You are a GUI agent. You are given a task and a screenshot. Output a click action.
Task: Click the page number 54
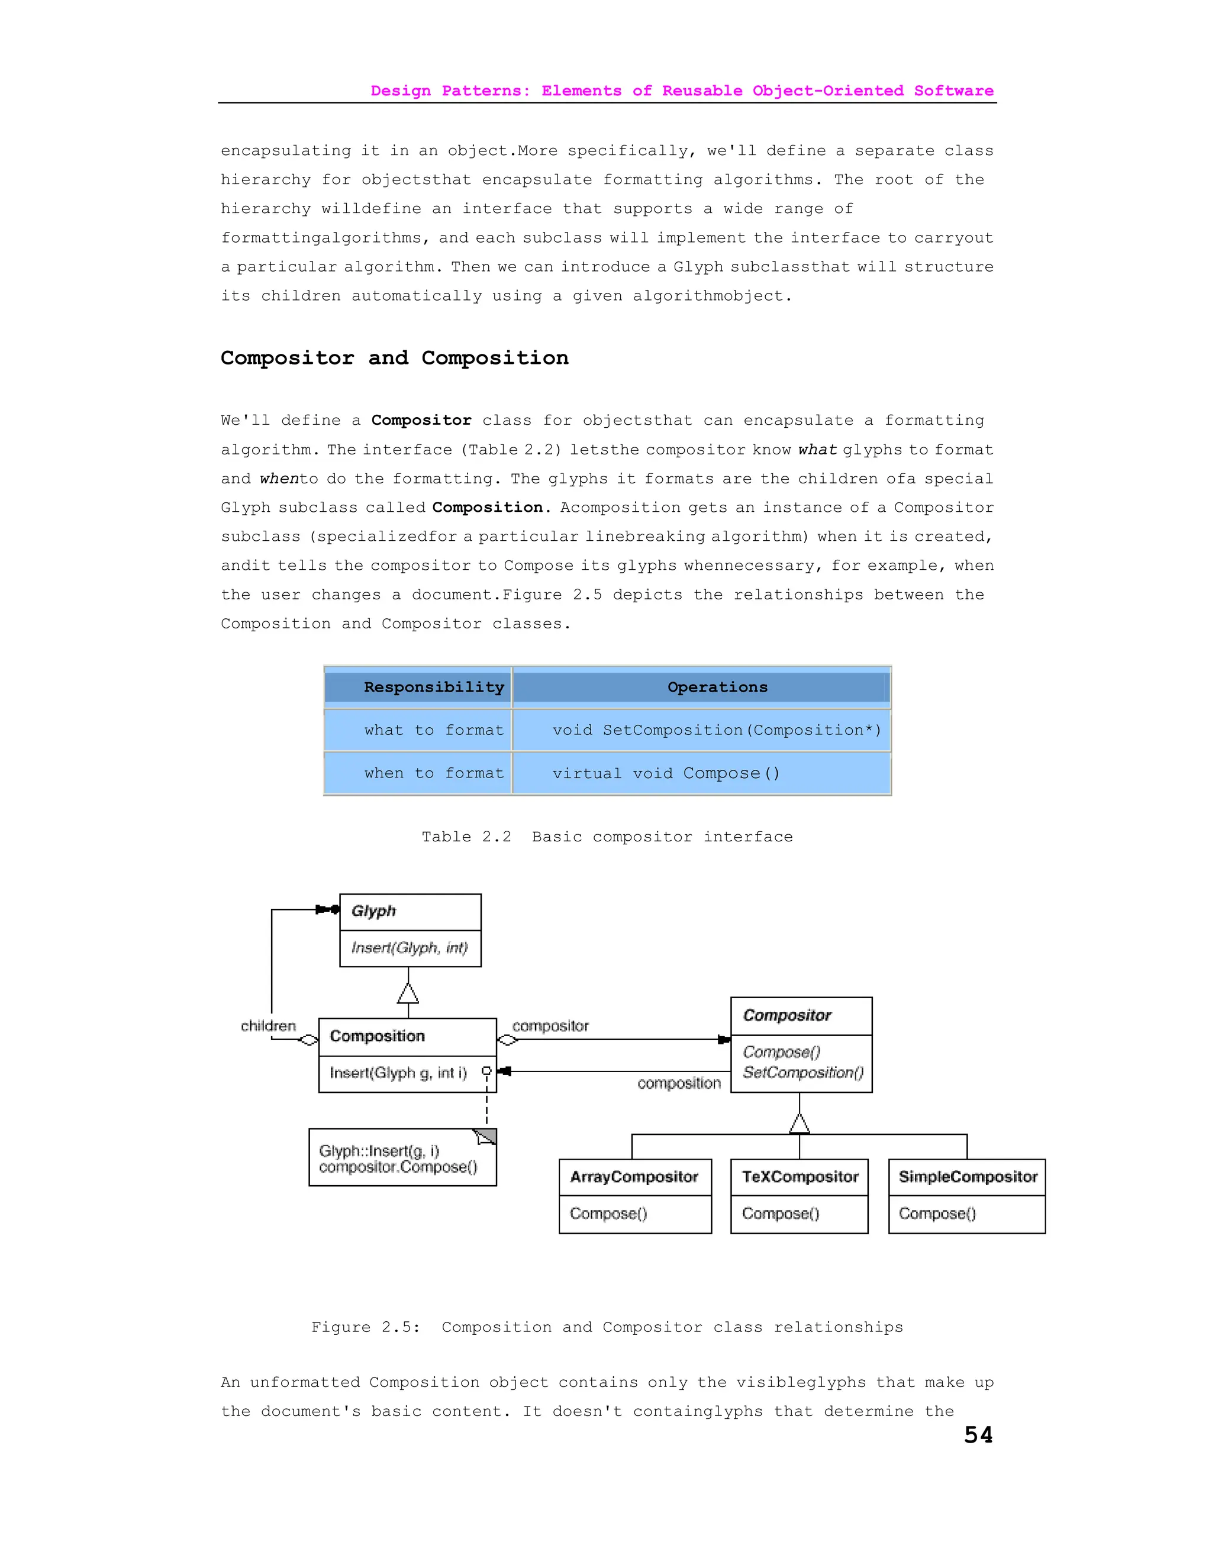coord(978,1434)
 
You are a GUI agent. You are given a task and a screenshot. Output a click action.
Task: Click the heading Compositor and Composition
coord(394,357)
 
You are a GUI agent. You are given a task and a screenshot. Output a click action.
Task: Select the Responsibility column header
coord(434,687)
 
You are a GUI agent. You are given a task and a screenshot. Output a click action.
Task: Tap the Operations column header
coord(717,687)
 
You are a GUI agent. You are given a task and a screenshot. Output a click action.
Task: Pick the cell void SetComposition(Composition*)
coord(716,730)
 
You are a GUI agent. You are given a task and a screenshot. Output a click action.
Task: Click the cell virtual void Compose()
coord(666,773)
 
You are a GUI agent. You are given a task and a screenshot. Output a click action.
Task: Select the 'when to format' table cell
coord(434,773)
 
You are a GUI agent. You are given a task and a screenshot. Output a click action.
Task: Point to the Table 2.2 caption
coord(607,837)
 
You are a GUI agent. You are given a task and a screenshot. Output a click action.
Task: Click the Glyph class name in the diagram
coord(373,911)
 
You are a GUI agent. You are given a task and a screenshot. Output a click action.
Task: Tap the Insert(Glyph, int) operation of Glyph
coord(410,948)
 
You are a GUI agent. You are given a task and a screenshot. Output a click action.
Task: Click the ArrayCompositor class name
coord(634,1177)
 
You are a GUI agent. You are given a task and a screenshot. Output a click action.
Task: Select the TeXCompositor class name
coord(800,1177)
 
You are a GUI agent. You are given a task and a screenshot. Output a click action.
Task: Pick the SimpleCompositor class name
coord(967,1177)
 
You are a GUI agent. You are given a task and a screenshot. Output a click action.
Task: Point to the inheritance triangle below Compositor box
coord(799,1124)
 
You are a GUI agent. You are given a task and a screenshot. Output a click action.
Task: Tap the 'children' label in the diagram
coord(268,1026)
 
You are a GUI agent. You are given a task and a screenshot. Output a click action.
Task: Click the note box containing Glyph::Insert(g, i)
coord(402,1159)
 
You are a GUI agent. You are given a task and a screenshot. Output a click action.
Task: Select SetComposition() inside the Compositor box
coord(802,1073)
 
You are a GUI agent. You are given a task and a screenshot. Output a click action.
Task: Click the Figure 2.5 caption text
coord(607,1327)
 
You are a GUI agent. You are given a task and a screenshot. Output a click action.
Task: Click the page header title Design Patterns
coord(681,91)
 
